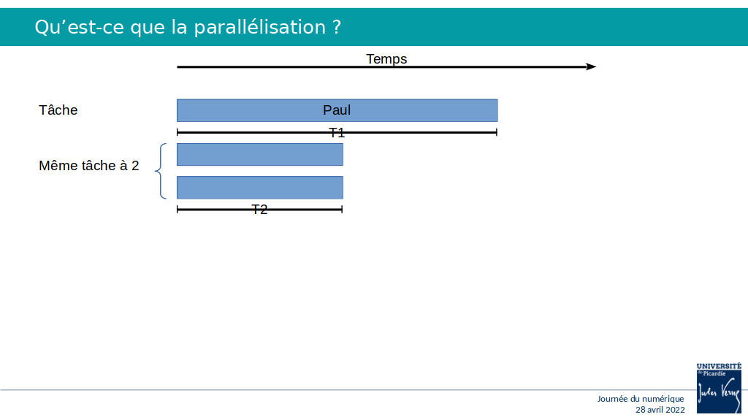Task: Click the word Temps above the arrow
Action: point(386,59)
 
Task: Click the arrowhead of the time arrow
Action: point(592,66)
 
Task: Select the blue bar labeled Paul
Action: point(337,110)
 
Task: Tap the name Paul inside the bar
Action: point(337,110)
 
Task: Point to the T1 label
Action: point(337,133)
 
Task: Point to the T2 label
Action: point(259,210)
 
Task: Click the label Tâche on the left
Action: point(58,110)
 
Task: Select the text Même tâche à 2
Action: point(88,166)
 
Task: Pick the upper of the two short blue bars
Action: point(260,155)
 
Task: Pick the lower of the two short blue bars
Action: point(260,188)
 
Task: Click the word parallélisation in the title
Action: point(259,27)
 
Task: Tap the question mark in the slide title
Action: point(337,27)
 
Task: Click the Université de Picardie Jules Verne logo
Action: point(719,388)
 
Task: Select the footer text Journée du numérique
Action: point(641,399)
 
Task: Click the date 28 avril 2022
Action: point(660,410)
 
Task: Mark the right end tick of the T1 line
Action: point(497,132)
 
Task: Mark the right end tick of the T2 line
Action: point(342,209)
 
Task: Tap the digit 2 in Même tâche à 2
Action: point(135,166)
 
